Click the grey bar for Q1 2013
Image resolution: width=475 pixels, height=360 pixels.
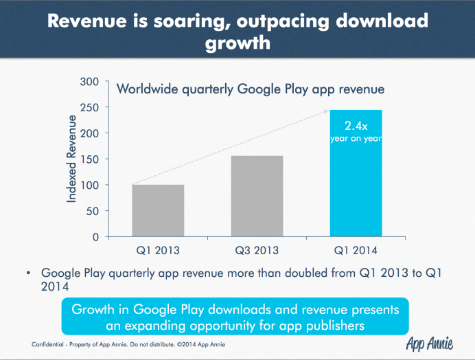[x=157, y=210]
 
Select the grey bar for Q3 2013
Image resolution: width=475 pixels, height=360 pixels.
[x=257, y=196]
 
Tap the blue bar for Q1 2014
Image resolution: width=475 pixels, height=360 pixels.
[x=356, y=173]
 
